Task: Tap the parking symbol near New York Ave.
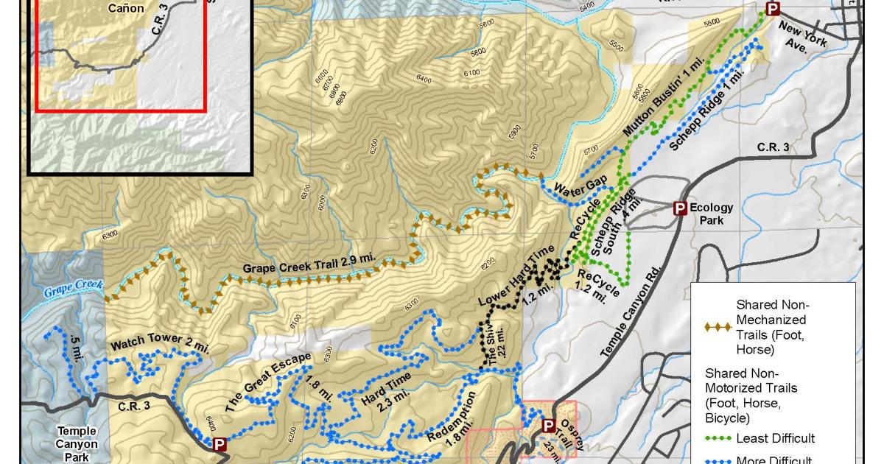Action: (x=773, y=9)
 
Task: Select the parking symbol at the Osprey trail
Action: (x=548, y=426)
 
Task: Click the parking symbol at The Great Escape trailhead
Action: (x=219, y=444)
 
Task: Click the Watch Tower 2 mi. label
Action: (x=160, y=345)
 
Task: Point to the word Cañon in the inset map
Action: (x=125, y=8)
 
